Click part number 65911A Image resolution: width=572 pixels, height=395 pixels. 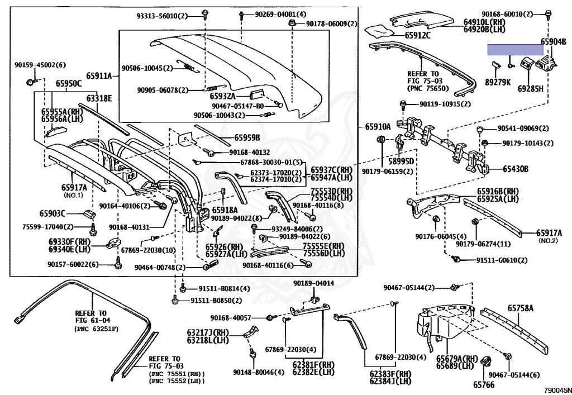(98, 76)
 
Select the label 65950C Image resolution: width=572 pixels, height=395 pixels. (68, 84)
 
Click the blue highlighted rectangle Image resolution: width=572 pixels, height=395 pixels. (515, 50)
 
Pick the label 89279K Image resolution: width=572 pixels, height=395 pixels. (498, 82)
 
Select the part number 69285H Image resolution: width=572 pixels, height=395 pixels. (530, 88)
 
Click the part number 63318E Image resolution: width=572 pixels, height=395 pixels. (99, 98)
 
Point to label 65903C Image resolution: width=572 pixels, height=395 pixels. (53, 213)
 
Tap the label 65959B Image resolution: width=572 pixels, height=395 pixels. (247, 137)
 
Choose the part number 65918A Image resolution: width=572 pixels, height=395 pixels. (225, 210)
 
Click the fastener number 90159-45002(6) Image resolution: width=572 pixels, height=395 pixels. (40, 65)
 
